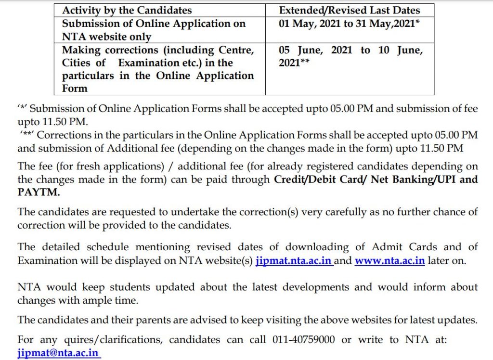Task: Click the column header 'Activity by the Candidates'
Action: [x=127, y=10]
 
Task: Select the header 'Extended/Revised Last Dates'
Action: [x=350, y=10]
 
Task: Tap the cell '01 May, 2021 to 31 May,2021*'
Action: [x=350, y=24]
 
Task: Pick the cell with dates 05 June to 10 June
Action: [x=350, y=56]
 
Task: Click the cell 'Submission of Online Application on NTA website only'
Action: [x=154, y=30]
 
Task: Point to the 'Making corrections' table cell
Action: [x=157, y=69]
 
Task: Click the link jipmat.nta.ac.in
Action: [x=294, y=261]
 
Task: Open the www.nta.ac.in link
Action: [x=389, y=261]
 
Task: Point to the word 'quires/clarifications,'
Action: [x=113, y=340]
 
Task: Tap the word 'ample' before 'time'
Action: [x=99, y=300]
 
